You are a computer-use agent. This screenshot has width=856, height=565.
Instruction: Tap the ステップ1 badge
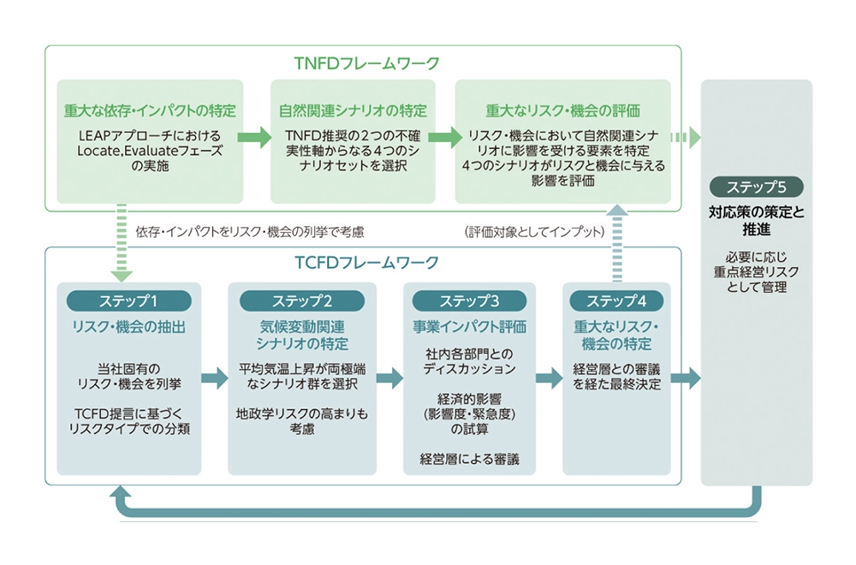pos(129,300)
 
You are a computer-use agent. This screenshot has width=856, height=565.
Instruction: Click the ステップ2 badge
pos(302,300)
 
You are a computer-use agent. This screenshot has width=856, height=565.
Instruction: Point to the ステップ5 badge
pos(756,187)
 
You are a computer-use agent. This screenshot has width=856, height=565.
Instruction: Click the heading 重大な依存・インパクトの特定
pos(150,111)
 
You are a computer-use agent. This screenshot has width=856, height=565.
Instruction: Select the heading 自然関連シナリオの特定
pos(353,111)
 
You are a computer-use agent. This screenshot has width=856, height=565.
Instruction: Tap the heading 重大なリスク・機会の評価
pos(562,111)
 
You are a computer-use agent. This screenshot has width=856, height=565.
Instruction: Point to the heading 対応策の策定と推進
pos(756,220)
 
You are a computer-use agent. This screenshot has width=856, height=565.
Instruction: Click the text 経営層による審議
pos(470,460)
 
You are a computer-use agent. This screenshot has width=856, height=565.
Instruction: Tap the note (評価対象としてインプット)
pos(535,231)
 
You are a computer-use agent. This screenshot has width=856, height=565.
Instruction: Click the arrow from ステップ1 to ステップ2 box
pos(214,378)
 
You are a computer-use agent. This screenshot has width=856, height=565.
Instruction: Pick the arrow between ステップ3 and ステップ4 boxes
pos(549,378)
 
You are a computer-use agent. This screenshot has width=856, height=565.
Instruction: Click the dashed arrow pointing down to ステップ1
pos(123,244)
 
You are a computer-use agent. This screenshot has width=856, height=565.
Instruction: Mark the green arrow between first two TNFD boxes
pos(254,137)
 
